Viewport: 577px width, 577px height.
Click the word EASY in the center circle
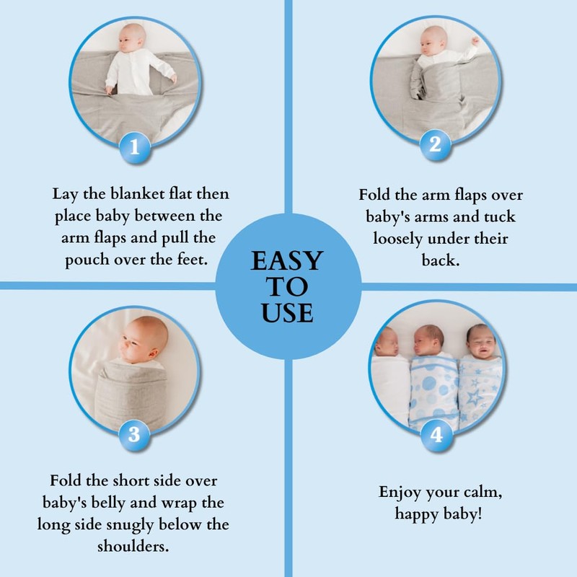pyautogui.click(x=288, y=261)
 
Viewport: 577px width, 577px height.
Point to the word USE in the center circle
pyautogui.click(x=288, y=312)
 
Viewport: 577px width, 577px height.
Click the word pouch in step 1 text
pyautogui.click(x=82, y=260)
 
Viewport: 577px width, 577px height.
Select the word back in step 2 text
pyautogui.click(x=441, y=260)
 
